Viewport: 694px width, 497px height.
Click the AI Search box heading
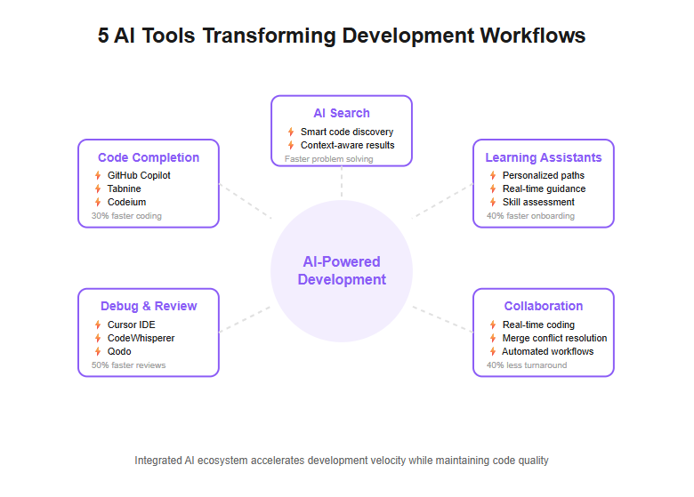click(342, 113)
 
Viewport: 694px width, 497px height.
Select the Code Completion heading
click(149, 157)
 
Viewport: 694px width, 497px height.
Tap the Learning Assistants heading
click(543, 157)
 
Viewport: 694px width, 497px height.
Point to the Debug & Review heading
click(149, 306)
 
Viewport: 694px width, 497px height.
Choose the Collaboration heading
click(543, 306)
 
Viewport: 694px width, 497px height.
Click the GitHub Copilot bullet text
click(139, 175)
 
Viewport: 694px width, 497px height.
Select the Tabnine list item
click(124, 188)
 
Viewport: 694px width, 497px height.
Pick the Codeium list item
click(126, 202)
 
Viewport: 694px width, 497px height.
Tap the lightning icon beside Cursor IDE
click(98, 325)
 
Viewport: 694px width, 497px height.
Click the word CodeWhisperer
click(141, 338)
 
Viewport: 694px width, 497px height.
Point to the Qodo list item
click(119, 351)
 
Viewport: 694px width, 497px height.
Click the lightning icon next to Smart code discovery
click(291, 132)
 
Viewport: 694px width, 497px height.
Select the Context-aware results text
click(347, 145)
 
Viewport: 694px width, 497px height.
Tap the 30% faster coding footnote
click(126, 216)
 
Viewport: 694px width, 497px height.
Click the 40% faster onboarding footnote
click(530, 216)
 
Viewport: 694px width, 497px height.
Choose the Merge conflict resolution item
click(554, 338)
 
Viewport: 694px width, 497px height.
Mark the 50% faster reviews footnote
click(128, 365)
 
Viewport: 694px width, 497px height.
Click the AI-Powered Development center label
click(342, 270)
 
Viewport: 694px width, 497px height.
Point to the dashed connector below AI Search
click(342, 181)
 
